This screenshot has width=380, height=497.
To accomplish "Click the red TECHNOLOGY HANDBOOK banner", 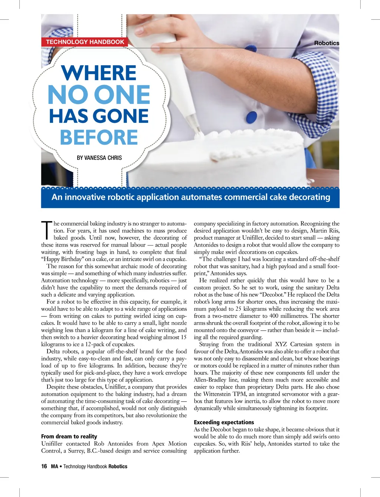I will tap(85, 42).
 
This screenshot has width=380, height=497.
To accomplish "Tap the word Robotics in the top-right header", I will tap(327, 43).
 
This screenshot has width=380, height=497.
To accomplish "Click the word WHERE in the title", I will tap(99, 73).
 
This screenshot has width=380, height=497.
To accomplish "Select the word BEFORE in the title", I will tap(99, 138).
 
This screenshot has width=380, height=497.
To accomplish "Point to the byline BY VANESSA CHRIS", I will tap(99, 158).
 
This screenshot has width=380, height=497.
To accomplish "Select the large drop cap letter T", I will tap(47, 230).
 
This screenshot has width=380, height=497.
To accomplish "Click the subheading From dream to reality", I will tap(69, 437).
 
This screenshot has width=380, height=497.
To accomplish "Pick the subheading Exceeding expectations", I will tap(224, 422).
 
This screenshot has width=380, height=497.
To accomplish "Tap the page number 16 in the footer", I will tap(44, 467).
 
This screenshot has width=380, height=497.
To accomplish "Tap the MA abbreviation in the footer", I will tap(55, 467).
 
